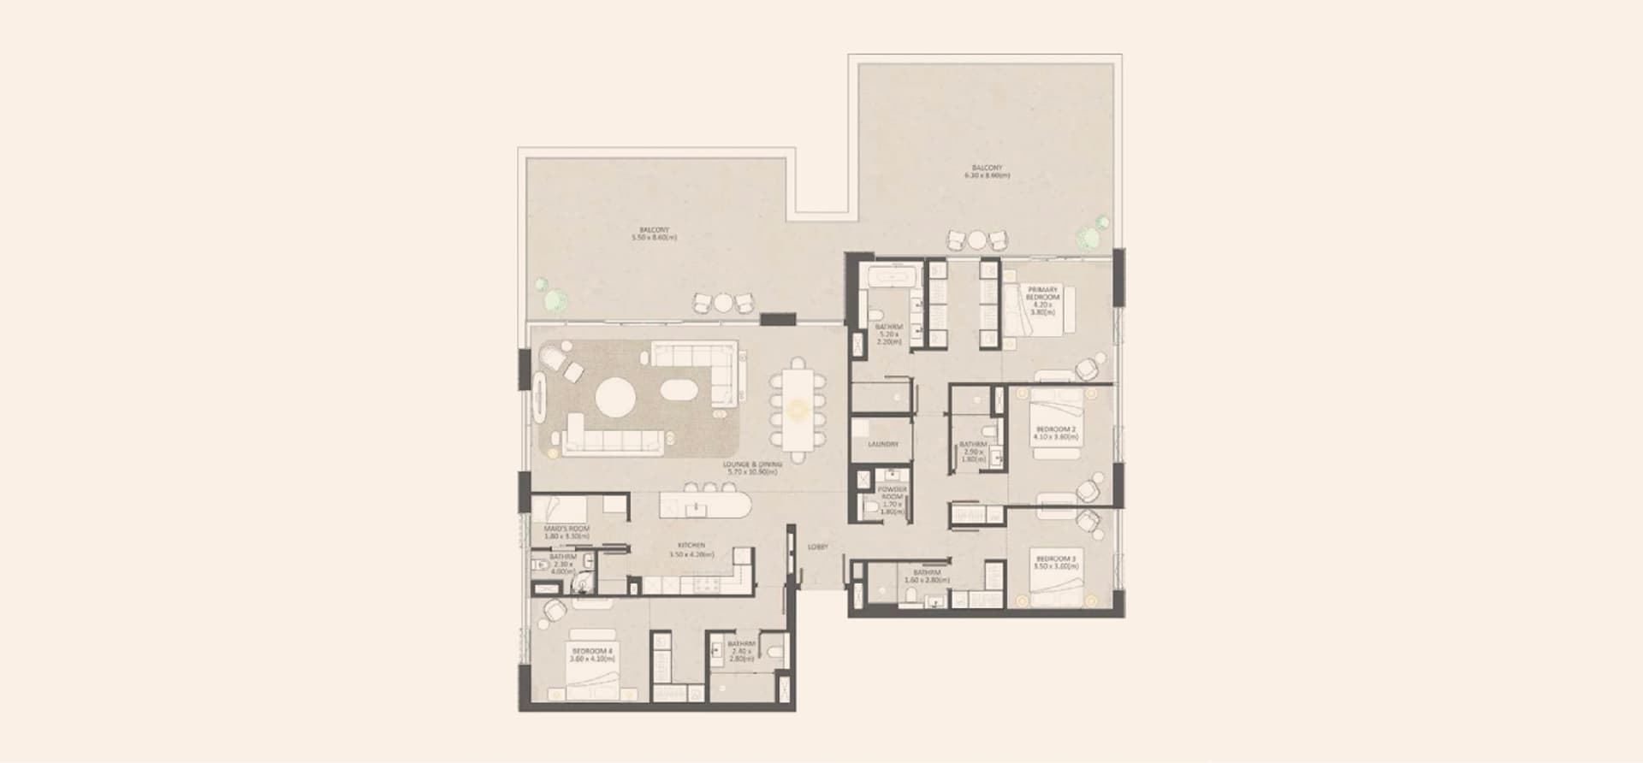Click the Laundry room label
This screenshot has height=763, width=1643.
click(883, 445)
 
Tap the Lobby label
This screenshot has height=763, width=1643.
click(817, 547)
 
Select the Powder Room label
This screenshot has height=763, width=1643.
click(892, 497)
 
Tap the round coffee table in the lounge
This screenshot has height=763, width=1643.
click(615, 398)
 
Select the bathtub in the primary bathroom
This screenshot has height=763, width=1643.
click(891, 278)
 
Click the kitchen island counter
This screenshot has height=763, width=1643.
click(705, 506)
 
